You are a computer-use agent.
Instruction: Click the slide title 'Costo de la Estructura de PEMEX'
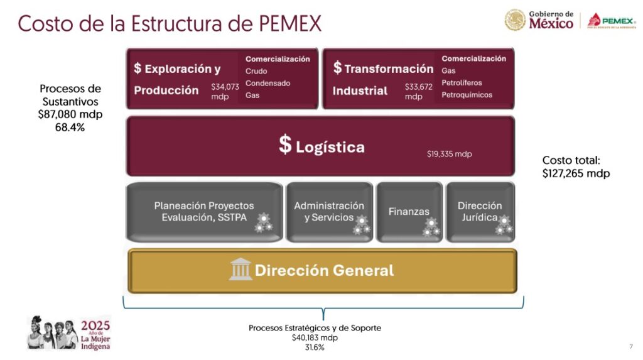tap(170, 23)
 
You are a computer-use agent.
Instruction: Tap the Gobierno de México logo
tap(539, 20)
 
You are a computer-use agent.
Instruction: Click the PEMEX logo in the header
tap(612, 21)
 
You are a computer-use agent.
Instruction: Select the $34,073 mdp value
tap(225, 92)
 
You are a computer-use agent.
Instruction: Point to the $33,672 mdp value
tap(418, 92)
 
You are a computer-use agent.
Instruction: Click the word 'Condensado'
tap(267, 84)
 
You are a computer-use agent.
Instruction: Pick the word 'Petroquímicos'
tap(467, 95)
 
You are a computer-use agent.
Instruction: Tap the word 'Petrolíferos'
tap(462, 83)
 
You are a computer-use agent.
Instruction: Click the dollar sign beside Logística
tap(285, 145)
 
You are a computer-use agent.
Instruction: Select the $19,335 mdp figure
tap(450, 154)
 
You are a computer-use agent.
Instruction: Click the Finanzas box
tap(409, 212)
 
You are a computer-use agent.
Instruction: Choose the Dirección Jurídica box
tap(480, 212)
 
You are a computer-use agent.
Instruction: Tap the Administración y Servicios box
tap(329, 212)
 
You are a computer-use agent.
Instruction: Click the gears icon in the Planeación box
tap(263, 222)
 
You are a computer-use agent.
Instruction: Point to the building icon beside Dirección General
tap(240, 270)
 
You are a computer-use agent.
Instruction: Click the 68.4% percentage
tap(70, 128)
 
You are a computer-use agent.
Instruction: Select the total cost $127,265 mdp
tap(576, 173)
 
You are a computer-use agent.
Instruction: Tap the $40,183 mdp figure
tap(315, 338)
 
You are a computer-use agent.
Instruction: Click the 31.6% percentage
tap(315, 347)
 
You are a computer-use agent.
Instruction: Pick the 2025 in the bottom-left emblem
tap(95, 325)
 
